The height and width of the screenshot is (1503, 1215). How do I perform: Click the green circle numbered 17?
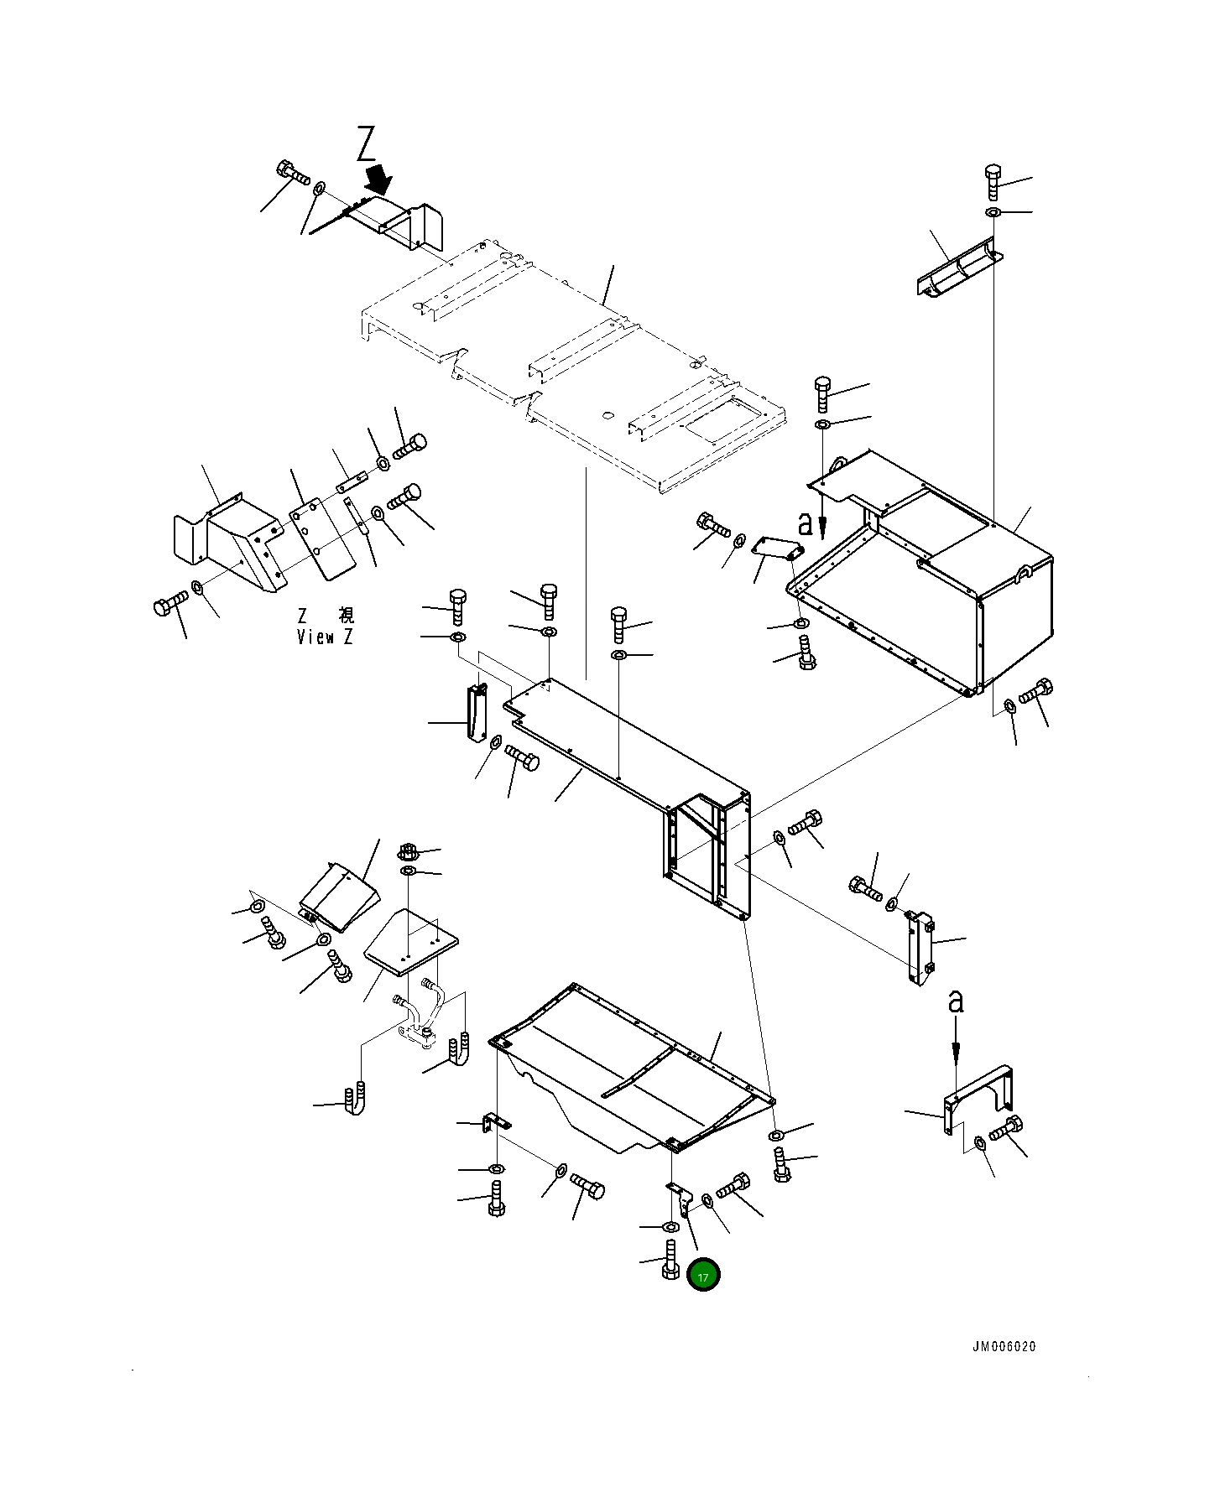pos(703,1277)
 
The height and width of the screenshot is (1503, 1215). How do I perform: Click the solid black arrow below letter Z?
pos(379,179)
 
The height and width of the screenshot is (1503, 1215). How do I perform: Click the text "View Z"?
pos(325,637)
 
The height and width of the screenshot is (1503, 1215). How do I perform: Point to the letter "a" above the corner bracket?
pos(955,1002)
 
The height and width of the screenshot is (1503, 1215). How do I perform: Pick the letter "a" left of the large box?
pos(805,524)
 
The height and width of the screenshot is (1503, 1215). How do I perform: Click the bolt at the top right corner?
pos(993,180)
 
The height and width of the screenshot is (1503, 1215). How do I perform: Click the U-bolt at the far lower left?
pos(355,1100)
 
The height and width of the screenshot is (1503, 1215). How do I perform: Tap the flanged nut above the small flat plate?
pos(407,853)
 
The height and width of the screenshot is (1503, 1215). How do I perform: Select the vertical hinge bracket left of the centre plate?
pos(477,712)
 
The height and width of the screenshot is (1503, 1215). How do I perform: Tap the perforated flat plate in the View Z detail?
pos(321,539)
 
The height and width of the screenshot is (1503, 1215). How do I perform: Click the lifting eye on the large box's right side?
pos(1023,574)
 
